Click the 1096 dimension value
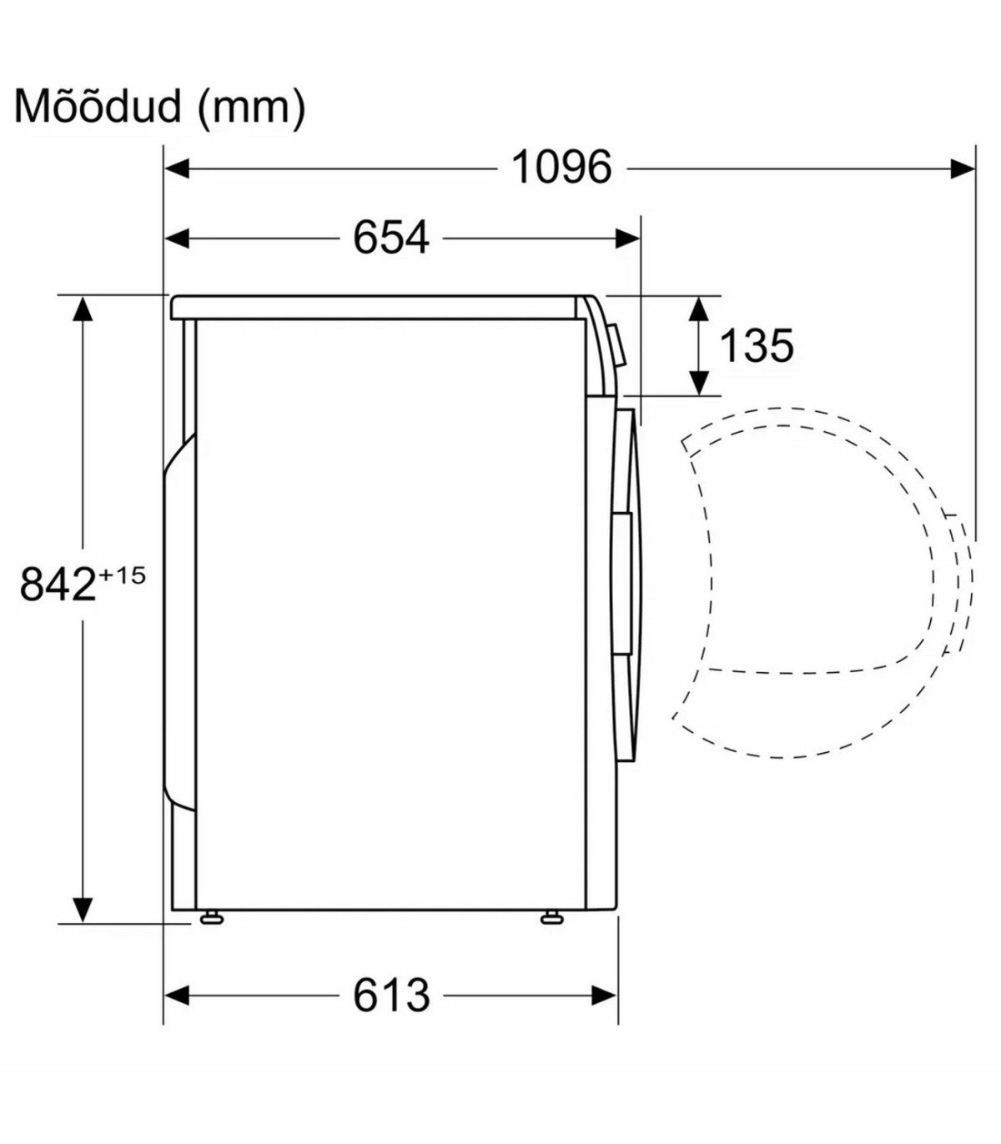click(x=561, y=168)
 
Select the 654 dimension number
click(x=391, y=238)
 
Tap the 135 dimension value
click(x=756, y=345)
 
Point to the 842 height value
click(x=58, y=585)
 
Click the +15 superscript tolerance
click(x=122, y=575)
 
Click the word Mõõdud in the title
click(x=98, y=106)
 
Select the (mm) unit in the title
click(x=252, y=108)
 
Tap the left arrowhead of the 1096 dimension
click(x=177, y=168)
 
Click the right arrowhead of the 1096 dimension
click(x=963, y=168)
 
